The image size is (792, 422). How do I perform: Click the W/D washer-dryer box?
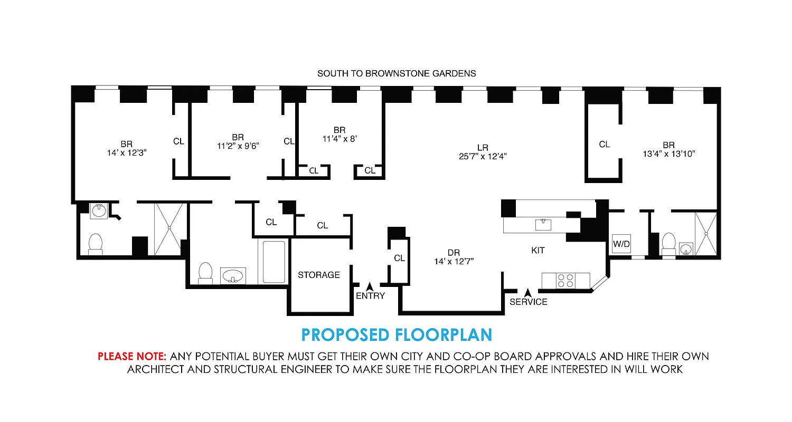click(621, 244)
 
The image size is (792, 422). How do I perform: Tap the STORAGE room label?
click(318, 275)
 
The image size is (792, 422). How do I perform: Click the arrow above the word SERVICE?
click(527, 292)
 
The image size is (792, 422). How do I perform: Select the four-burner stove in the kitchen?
click(565, 280)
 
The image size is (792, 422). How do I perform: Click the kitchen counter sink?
click(542, 225)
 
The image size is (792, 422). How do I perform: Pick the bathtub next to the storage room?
click(274, 261)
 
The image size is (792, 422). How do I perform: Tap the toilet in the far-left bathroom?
click(96, 244)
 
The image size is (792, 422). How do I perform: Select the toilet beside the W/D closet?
click(668, 243)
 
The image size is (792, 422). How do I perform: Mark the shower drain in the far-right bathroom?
click(706, 233)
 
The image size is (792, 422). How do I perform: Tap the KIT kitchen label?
click(538, 251)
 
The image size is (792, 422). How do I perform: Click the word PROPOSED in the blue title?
click(345, 334)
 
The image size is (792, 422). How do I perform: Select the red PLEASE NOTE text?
click(132, 357)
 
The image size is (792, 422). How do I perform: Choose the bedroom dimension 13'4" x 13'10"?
click(668, 154)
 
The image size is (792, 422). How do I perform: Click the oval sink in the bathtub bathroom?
click(233, 275)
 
